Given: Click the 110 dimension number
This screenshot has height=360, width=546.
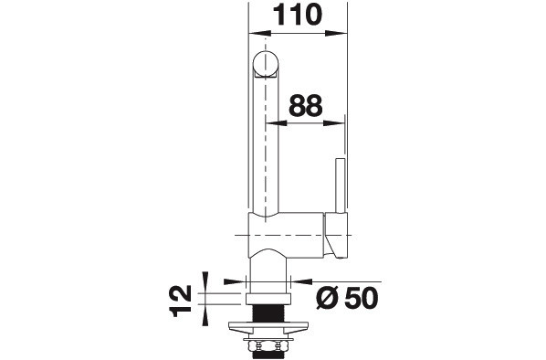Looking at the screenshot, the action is pyautogui.click(x=297, y=16).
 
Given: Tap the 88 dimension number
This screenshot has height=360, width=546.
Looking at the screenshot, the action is pyautogui.click(x=305, y=106).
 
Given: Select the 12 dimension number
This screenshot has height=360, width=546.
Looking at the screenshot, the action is pyautogui.click(x=181, y=301).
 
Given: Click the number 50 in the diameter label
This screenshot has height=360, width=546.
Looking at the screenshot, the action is pyautogui.click(x=361, y=298).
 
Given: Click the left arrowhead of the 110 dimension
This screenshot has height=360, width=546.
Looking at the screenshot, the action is pyautogui.click(x=260, y=33).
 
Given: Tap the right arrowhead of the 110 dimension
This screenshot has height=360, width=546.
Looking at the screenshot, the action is pyautogui.click(x=336, y=33).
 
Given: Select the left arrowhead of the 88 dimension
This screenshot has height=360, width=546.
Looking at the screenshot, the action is pyautogui.click(x=276, y=123).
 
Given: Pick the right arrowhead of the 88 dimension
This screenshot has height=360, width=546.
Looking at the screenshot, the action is pyautogui.click(x=333, y=123).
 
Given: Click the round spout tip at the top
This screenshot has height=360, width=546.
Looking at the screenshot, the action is pyautogui.click(x=266, y=64).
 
